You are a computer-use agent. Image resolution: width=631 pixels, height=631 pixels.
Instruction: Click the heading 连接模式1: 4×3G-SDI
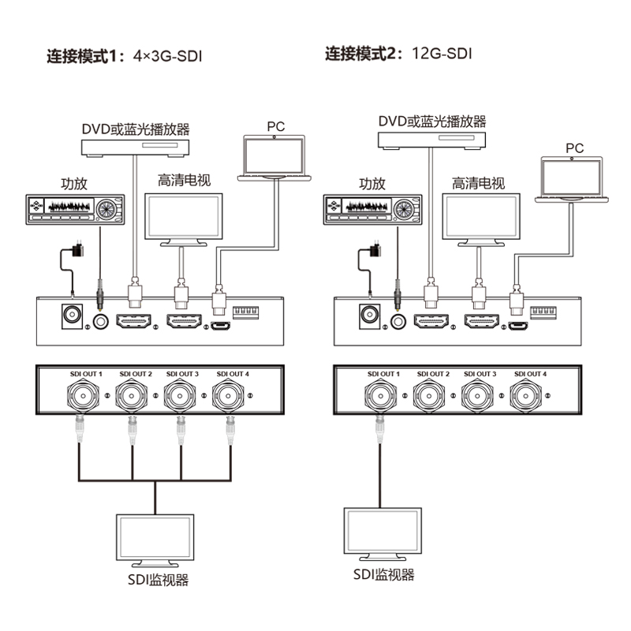[119, 57]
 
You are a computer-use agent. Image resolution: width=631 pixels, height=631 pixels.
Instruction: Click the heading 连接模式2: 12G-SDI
[399, 54]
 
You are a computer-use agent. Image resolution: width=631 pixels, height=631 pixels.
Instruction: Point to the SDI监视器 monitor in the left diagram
[155, 538]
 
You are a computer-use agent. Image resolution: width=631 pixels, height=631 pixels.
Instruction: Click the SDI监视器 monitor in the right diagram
[383, 531]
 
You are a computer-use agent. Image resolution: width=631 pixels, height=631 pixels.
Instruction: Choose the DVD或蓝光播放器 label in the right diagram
[431, 121]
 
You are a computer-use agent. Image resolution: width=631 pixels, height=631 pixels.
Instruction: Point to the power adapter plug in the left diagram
[77, 250]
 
